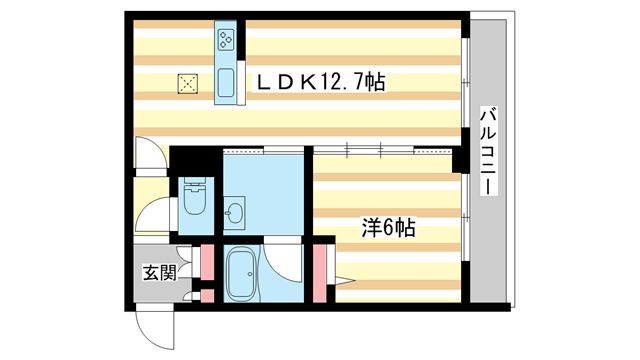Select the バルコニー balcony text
[x=489, y=150]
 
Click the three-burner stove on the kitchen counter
[x=225, y=41]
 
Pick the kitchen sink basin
[x=225, y=81]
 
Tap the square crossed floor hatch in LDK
[x=187, y=84]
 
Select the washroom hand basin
[x=236, y=213]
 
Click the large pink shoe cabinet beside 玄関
[x=208, y=264]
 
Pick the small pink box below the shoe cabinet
[x=208, y=297]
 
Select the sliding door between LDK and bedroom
[x=365, y=149]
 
